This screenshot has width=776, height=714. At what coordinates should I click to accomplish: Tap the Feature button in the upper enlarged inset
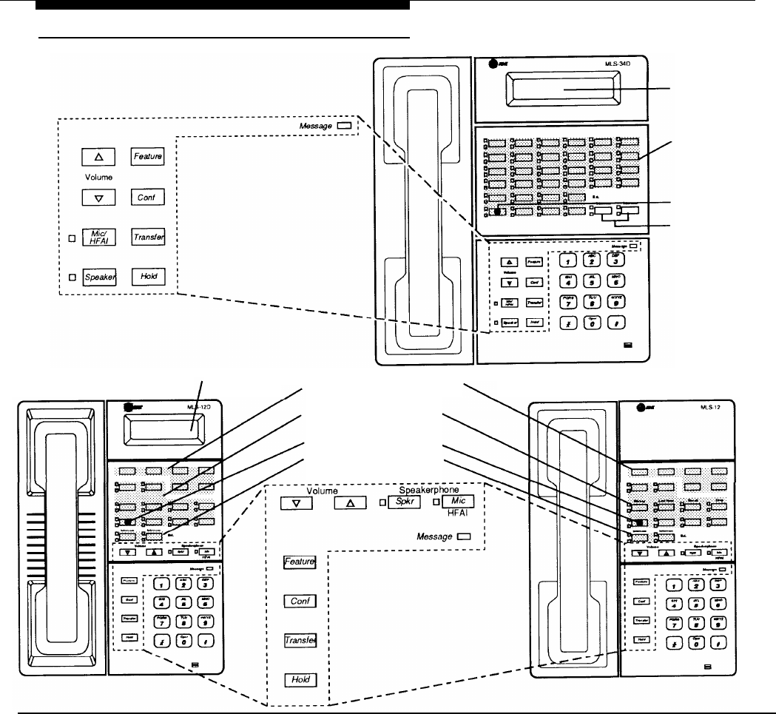pos(147,157)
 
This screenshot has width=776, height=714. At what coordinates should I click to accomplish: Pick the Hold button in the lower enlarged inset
pos(300,678)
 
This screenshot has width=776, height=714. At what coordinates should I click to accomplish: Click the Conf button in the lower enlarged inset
pos(300,602)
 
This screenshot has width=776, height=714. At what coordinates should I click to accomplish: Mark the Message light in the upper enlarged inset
pos(343,127)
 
